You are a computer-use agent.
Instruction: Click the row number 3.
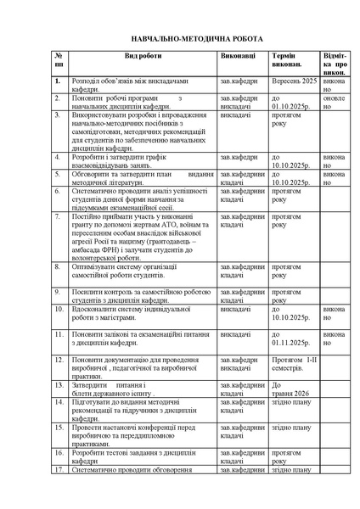(57, 113)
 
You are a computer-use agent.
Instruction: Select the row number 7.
(57, 218)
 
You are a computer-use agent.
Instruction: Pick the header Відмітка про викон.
(334, 62)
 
